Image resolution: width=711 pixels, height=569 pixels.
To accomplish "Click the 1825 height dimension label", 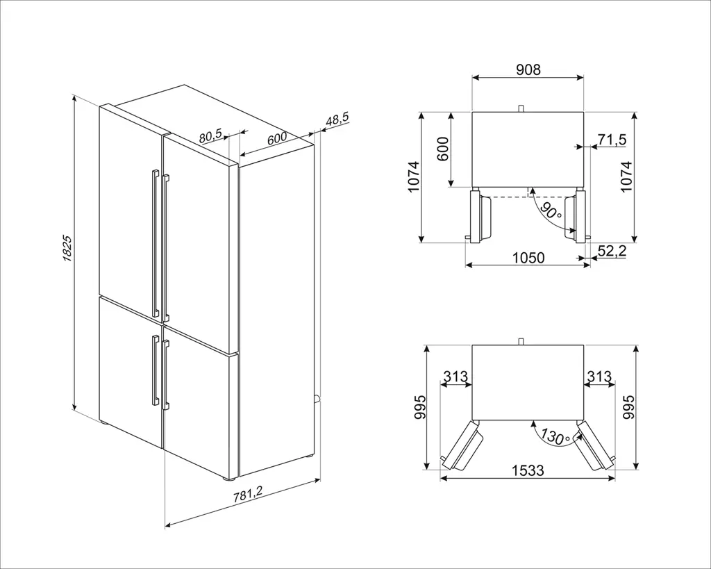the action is [x=67, y=248].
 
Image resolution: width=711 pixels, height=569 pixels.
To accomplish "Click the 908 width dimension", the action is [x=528, y=69].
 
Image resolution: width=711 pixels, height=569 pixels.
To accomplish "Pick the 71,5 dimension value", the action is [x=612, y=140].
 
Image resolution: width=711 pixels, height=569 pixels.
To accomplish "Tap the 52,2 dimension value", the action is [x=612, y=251].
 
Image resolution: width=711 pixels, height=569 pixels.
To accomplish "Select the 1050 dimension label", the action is [x=528, y=258].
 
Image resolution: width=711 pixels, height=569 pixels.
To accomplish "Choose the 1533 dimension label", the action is [x=528, y=470].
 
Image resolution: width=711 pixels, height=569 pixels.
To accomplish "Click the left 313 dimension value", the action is [x=455, y=377].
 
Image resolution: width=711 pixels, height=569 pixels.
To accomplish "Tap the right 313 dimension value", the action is [x=599, y=377].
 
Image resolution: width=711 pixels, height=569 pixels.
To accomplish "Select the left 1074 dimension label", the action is [x=414, y=176].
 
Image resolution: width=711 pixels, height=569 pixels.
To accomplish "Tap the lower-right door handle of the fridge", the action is [x=165, y=374].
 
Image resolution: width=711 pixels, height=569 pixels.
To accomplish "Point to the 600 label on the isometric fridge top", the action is [x=276, y=138].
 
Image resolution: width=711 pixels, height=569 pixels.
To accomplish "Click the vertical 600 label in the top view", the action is [x=442, y=149].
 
